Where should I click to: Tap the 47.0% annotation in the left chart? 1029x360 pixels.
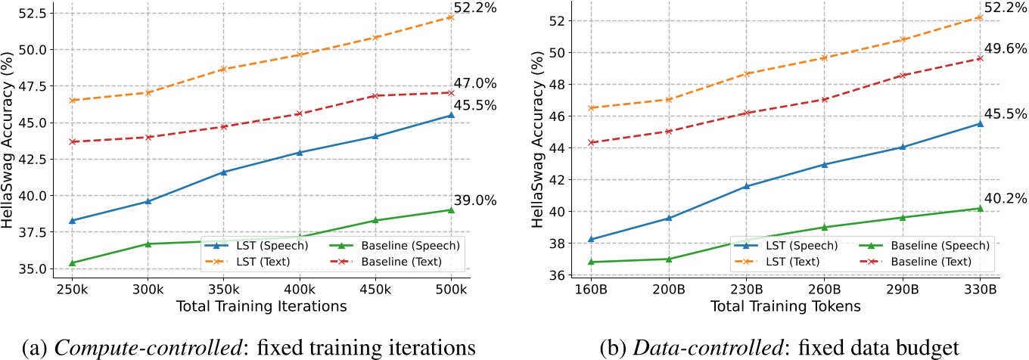coord(474,83)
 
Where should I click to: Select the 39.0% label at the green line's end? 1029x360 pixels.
coord(474,200)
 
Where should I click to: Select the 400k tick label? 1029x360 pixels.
coord(300,290)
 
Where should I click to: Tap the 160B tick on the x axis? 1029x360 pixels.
coord(590,290)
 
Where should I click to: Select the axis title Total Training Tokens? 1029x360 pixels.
coord(785,306)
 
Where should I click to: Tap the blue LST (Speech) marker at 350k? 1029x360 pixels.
coord(223,172)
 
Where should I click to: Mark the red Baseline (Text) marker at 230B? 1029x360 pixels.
coord(746,113)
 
